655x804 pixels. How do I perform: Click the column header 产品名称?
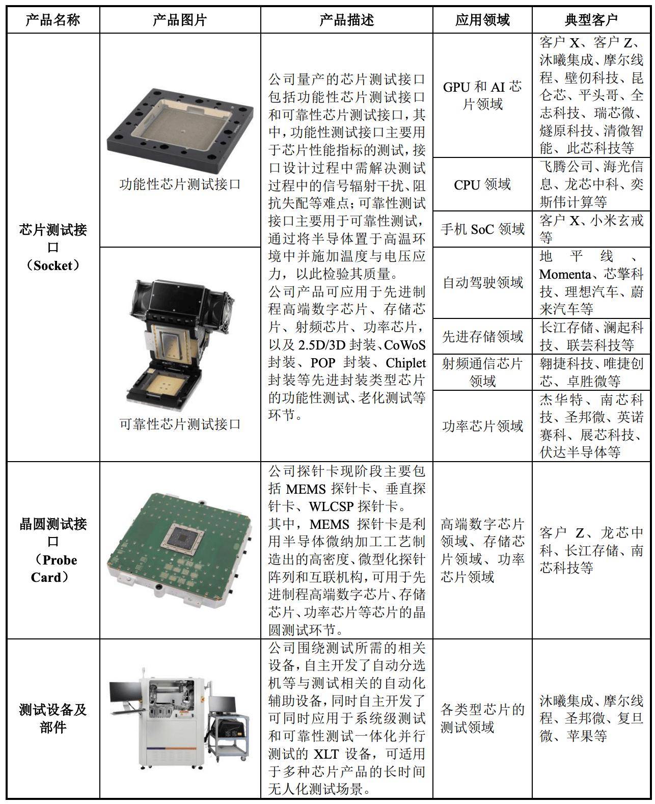(53, 20)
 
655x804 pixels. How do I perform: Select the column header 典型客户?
(591, 20)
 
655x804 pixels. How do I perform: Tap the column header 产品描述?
(346, 20)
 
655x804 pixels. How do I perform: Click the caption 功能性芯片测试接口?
(180, 184)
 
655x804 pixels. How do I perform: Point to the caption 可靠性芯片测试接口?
(180, 424)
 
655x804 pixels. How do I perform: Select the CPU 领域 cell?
(482, 184)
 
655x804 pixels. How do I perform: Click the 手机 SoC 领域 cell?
(482, 229)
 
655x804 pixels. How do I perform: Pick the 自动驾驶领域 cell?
(482, 282)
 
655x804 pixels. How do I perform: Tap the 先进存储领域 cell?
(482, 336)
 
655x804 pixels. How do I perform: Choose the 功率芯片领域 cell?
(482, 426)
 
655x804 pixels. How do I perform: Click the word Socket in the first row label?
(53, 265)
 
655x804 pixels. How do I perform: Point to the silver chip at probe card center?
(183, 538)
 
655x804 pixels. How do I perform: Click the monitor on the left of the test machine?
(124, 694)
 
